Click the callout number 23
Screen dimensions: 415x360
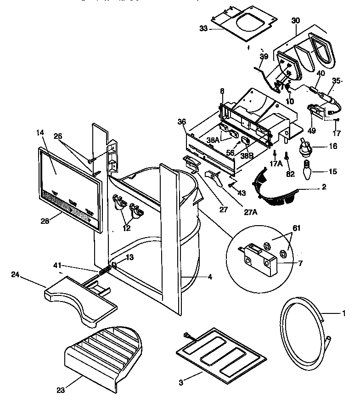click(61, 391)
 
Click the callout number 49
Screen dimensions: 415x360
click(312, 131)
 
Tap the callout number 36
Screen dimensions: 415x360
click(182, 122)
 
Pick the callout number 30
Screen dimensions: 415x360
click(295, 20)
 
